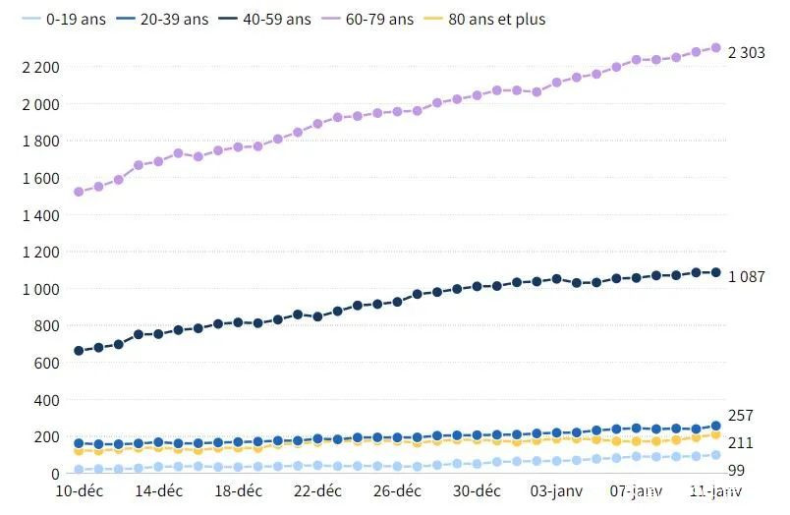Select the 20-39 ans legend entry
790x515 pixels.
[x=172, y=19]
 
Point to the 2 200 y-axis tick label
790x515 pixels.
[x=42, y=67]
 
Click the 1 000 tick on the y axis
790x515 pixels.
[x=42, y=289]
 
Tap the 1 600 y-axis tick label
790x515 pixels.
[x=42, y=178]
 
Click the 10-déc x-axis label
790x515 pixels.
[x=79, y=490]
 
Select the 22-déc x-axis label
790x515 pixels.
[x=318, y=490]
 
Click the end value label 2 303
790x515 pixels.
[x=746, y=52]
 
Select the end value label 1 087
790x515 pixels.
[x=746, y=276]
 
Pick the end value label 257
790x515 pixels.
[x=739, y=416]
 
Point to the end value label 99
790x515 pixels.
[x=736, y=471]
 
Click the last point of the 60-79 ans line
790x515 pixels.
[x=715, y=47]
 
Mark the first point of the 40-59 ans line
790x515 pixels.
[x=79, y=351]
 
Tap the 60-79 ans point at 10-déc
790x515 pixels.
[x=79, y=192]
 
